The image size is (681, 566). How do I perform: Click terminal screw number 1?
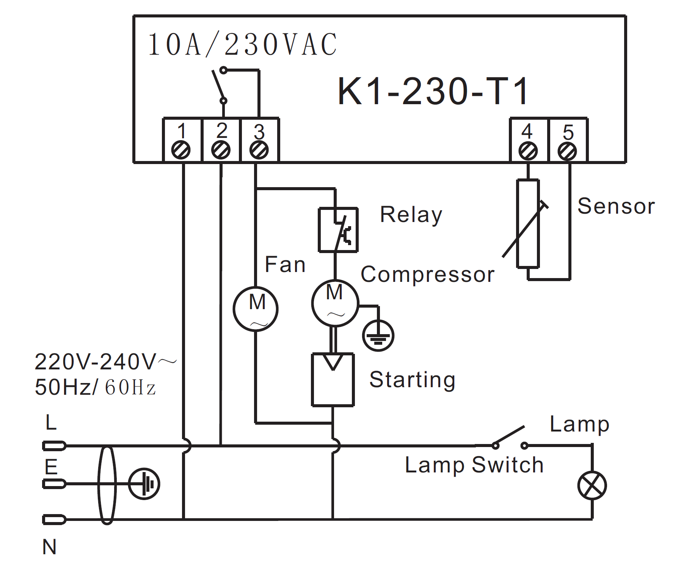pyautogui.click(x=181, y=150)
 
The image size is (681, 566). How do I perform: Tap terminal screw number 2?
pyautogui.click(x=221, y=150)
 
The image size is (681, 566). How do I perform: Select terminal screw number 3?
pyautogui.click(x=259, y=150)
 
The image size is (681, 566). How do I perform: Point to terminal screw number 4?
pyautogui.click(x=528, y=151)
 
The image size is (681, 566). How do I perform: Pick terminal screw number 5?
pyautogui.click(x=567, y=151)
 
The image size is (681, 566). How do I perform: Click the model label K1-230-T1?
pyautogui.click(x=433, y=91)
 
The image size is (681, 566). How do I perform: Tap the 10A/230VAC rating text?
pyautogui.click(x=243, y=45)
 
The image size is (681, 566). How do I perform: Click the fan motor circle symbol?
pyautogui.click(x=256, y=309)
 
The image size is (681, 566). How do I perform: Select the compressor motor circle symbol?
pyautogui.click(x=335, y=303)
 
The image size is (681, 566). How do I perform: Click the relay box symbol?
pyautogui.click(x=338, y=230)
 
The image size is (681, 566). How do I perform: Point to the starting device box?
pyautogui.click(x=333, y=380)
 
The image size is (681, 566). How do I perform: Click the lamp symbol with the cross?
pyautogui.click(x=592, y=485)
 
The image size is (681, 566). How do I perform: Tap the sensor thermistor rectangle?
pyautogui.click(x=528, y=224)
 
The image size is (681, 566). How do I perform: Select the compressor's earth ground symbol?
pyautogui.click(x=378, y=336)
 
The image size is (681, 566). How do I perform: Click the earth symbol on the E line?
pyautogui.click(x=144, y=484)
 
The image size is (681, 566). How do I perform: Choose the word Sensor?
pyautogui.click(x=616, y=206)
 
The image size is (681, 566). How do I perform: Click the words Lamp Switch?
pyautogui.click(x=474, y=465)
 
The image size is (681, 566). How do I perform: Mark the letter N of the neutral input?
pyautogui.click(x=49, y=547)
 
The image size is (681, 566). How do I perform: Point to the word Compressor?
pyautogui.click(x=427, y=274)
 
